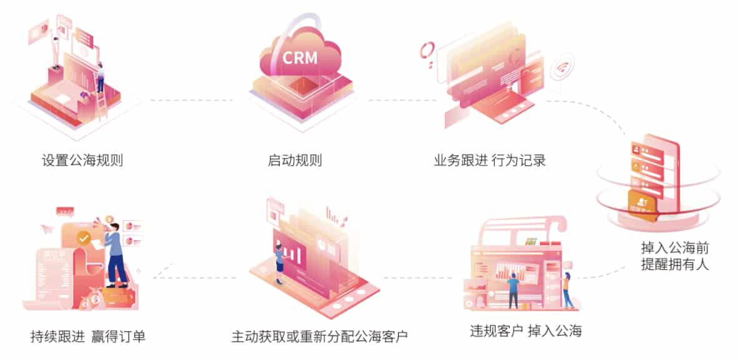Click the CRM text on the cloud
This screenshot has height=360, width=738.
(x=300, y=57)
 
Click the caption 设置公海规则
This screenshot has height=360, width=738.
(x=82, y=160)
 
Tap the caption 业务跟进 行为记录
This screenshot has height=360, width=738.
(x=490, y=160)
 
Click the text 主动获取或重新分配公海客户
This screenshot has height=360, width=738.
(x=319, y=336)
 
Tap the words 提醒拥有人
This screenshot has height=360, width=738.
(x=675, y=264)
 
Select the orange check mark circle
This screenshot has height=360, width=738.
(x=83, y=237)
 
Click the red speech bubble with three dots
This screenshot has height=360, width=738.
(x=65, y=211)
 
